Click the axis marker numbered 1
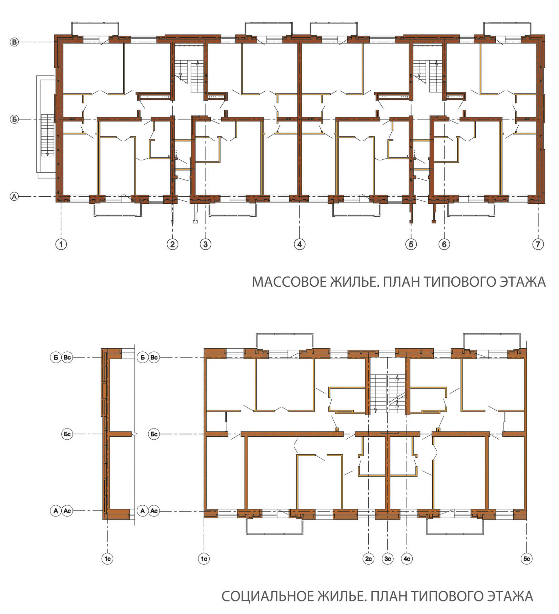pyautogui.click(x=61, y=244)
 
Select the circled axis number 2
pyautogui.click(x=172, y=244)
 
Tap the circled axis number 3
pyautogui.click(x=206, y=244)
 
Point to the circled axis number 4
pyautogui.click(x=299, y=244)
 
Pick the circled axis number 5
pyautogui.click(x=411, y=244)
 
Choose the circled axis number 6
pyautogui.click(x=444, y=244)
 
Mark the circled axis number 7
pyautogui.click(x=538, y=244)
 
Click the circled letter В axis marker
pyautogui.click(x=14, y=42)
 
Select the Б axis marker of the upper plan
pyautogui.click(x=14, y=119)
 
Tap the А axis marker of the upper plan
pyautogui.click(x=14, y=196)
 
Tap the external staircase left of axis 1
pyautogui.click(x=48, y=135)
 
